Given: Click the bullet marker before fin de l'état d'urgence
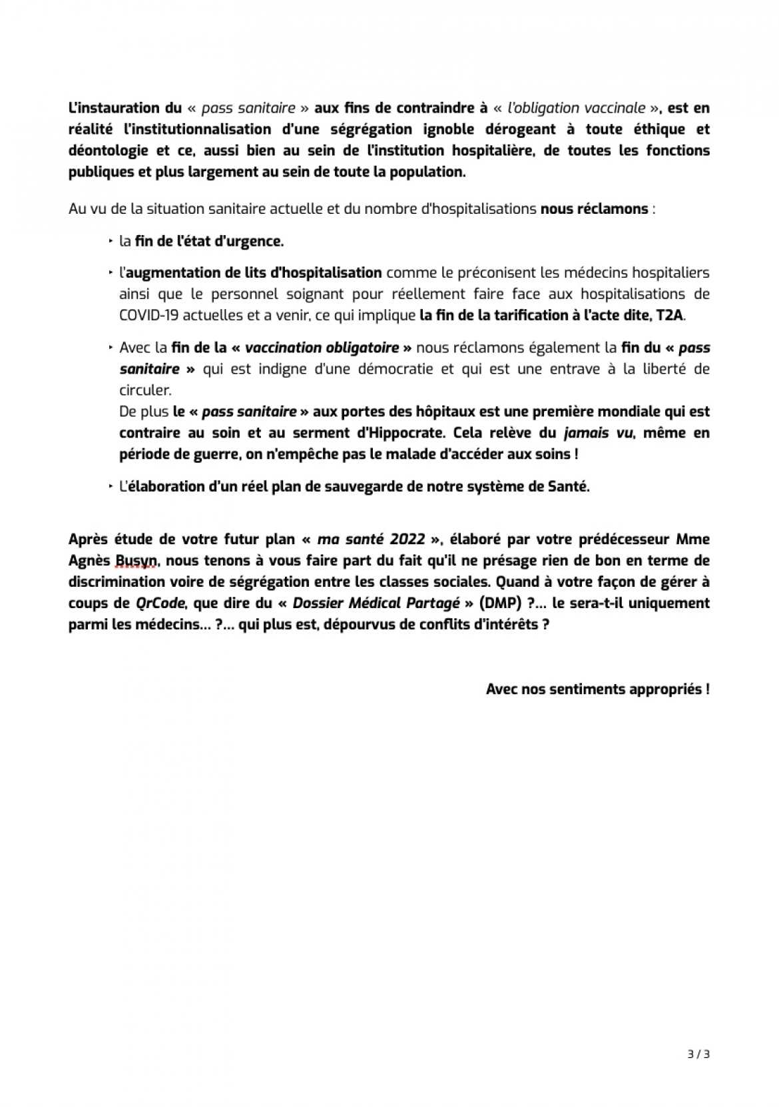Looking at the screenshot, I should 111,241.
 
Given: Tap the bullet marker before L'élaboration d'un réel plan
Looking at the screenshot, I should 111,486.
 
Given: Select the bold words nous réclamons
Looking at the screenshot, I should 594,209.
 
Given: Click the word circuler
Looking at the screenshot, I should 144,390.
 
